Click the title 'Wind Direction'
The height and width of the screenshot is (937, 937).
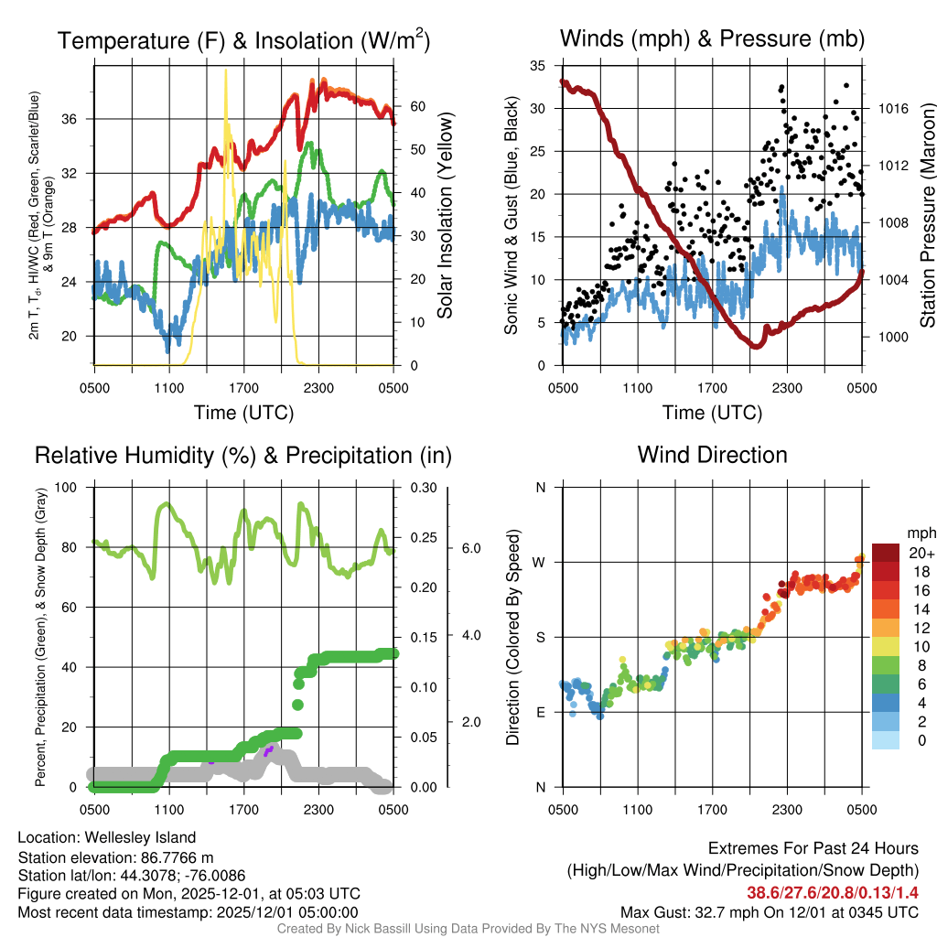click(712, 455)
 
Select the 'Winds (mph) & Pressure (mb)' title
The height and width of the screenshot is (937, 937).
click(712, 38)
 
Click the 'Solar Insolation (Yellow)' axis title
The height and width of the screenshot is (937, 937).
click(446, 216)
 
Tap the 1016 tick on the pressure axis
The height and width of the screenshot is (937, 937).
click(890, 108)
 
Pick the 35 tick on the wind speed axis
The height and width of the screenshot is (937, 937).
click(538, 66)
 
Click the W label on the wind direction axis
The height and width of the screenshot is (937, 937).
click(540, 562)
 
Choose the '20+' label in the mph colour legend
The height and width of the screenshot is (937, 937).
click(921, 553)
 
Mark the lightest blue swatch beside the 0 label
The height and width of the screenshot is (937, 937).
click(886, 741)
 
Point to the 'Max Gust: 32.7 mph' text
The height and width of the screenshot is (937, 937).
click(684, 911)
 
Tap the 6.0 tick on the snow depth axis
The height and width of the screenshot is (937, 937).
click(471, 548)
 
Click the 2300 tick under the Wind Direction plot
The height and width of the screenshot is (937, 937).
click(787, 809)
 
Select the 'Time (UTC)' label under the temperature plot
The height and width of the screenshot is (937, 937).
click(243, 413)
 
